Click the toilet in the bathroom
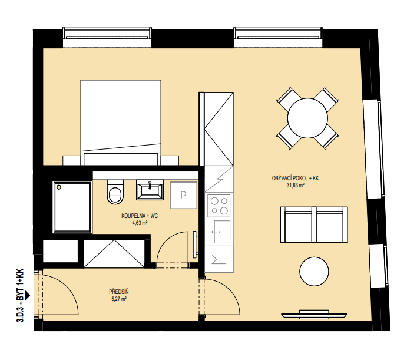tap(115, 192)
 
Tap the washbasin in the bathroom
tap(150, 190)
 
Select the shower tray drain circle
tap(59, 187)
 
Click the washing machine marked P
tap(184, 195)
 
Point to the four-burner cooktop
tap(219, 205)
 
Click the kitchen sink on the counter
tap(222, 232)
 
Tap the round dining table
tap(307, 118)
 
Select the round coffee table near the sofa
tap(314, 272)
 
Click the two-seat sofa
tap(314, 225)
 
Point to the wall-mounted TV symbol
tap(314, 315)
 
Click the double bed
tap(121, 123)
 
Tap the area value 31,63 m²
tap(295, 186)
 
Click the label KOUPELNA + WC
tap(140, 216)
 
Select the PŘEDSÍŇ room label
tap(119, 292)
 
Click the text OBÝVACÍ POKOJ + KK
tap(295, 179)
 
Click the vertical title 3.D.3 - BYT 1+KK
tap(21, 295)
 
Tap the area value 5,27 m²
tap(119, 299)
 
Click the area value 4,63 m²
tap(140, 223)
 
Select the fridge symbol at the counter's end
tap(219, 259)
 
